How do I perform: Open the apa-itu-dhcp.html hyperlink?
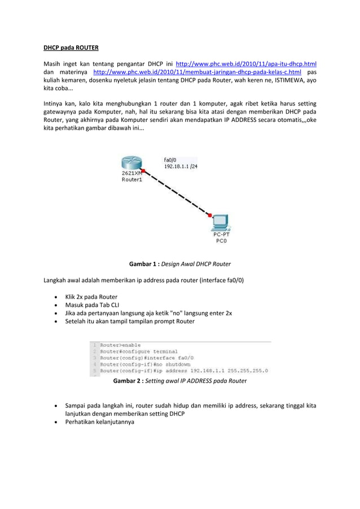pyautogui.click(x=246, y=64)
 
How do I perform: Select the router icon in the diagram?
pyautogui.click(x=130, y=163)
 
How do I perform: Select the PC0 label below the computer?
pyautogui.click(x=222, y=240)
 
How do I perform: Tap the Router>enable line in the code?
pyautogui.click(x=121, y=345)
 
